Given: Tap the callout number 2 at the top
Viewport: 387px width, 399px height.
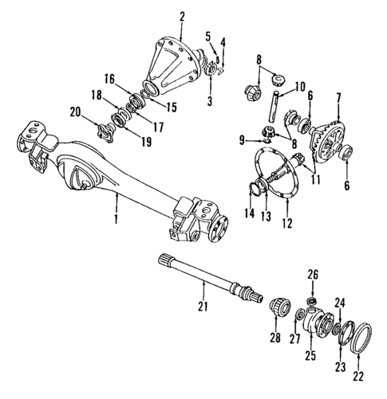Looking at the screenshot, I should coord(183,16).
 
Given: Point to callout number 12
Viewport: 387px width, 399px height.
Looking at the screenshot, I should coord(288,225).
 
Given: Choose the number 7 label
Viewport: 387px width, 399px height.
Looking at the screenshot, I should coord(338,97).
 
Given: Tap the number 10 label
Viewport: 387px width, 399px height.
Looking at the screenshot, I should coord(301,86).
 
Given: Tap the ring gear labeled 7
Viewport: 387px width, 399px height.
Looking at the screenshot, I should coord(330,144).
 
